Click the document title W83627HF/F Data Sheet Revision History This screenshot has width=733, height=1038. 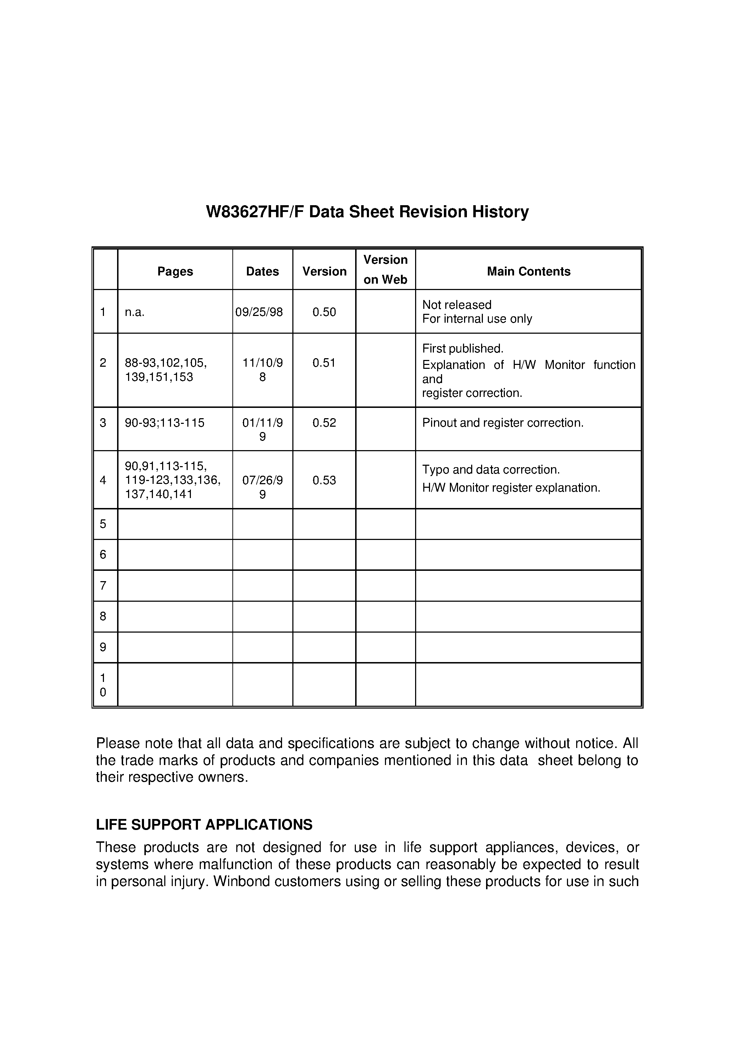[367, 212]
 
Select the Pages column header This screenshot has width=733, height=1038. [175, 271]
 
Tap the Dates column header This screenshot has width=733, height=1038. [262, 271]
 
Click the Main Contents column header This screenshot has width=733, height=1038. [528, 271]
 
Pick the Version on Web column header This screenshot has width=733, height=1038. [385, 269]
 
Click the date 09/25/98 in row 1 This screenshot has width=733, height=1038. [259, 312]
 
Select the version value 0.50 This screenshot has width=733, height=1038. [324, 312]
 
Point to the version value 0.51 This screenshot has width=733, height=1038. [324, 362]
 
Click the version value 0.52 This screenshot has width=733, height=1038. [324, 423]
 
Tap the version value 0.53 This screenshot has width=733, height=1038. [324, 480]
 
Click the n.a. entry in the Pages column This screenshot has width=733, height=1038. [135, 312]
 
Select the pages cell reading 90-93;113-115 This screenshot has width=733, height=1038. [165, 423]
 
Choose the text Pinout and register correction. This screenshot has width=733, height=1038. [502, 423]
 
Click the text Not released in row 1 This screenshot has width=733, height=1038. [456, 305]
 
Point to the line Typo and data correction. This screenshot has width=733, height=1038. [491, 470]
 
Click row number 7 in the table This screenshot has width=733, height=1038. [103, 585]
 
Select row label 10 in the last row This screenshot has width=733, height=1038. [103, 685]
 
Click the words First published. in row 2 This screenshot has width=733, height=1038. [462, 349]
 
